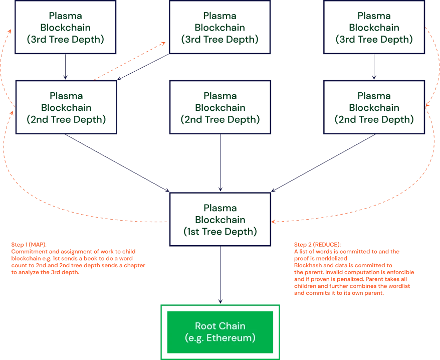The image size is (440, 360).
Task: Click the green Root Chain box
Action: pos(220,331)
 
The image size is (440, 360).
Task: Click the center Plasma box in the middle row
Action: pos(220,107)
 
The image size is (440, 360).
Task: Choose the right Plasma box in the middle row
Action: pos(373,107)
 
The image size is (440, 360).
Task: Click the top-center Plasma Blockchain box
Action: pos(220,27)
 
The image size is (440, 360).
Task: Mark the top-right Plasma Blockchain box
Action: pos(373,27)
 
